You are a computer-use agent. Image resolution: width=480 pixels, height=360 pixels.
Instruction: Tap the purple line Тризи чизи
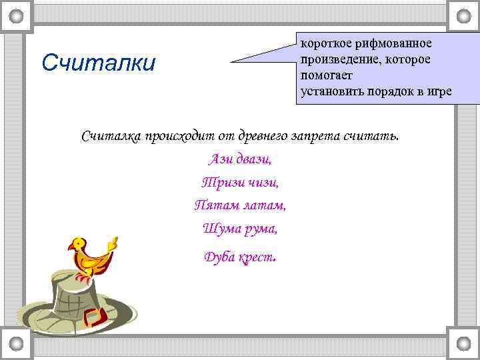pyautogui.click(x=240, y=181)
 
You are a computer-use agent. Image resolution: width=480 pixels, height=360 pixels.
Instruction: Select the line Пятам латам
pyautogui.click(x=240, y=205)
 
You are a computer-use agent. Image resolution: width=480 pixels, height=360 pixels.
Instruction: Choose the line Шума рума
pyautogui.click(x=240, y=228)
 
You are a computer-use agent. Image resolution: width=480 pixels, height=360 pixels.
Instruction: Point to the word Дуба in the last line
pyautogui.click(x=219, y=257)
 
